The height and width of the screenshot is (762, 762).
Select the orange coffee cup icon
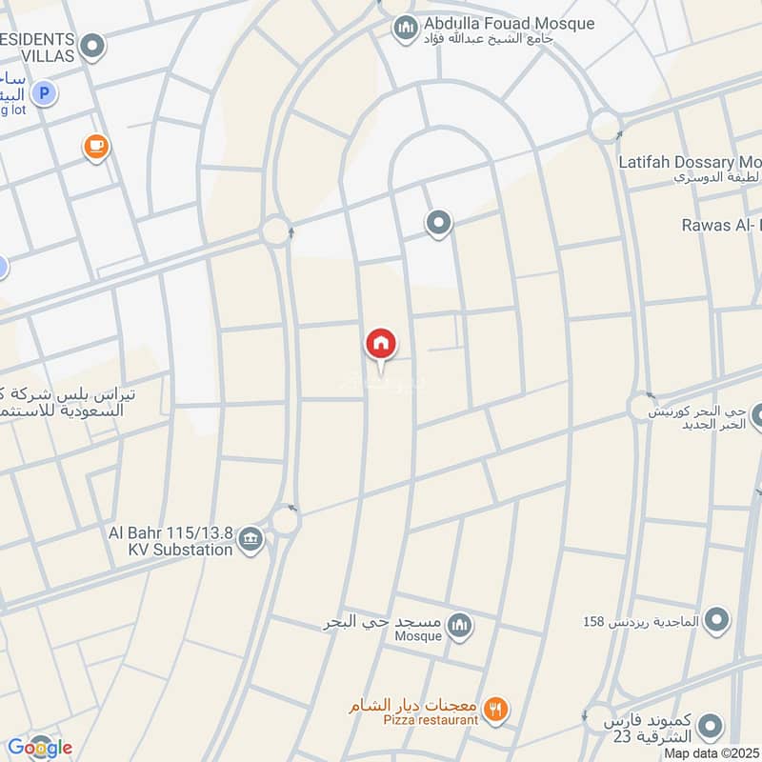95,146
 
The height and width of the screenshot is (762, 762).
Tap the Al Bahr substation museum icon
250,540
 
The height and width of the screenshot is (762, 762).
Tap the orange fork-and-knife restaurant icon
495,709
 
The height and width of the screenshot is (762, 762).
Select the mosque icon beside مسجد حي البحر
460,625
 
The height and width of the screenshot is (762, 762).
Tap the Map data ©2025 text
712,752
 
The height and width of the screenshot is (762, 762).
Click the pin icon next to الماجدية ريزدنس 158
717,621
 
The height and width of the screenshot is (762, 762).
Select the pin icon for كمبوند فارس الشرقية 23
709,729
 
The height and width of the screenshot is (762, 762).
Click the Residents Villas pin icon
92,45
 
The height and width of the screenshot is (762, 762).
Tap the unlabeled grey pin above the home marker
438,223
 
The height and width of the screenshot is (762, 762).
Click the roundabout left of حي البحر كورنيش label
639,407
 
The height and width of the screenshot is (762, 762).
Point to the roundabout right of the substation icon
285,520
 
